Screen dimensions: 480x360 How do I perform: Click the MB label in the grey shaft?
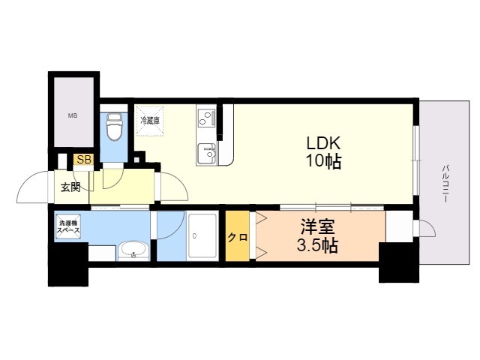[x=73, y=115]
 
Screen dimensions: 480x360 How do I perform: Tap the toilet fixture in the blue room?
[x=114, y=127]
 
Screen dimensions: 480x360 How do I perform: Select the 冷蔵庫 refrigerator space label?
[x=150, y=120]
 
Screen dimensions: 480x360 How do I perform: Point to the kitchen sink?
[x=207, y=154]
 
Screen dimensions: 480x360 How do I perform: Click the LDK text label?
[x=323, y=143]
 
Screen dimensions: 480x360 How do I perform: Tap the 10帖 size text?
[x=323, y=161]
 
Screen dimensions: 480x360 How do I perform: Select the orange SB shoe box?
[x=83, y=160]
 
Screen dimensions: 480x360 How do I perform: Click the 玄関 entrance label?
[x=70, y=187]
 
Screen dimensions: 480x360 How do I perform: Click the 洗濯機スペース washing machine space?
[x=68, y=226]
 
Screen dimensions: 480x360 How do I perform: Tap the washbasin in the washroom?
[x=133, y=250]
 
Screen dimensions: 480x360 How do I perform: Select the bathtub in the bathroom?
[x=202, y=235]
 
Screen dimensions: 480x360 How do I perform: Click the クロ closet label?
[x=238, y=237]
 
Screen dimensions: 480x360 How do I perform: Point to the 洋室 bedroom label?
[x=317, y=226]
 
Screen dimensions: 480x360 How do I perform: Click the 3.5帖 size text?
[x=317, y=245]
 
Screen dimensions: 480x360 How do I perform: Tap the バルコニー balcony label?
[x=445, y=184]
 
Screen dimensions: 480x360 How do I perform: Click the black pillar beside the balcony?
[x=399, y=262]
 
